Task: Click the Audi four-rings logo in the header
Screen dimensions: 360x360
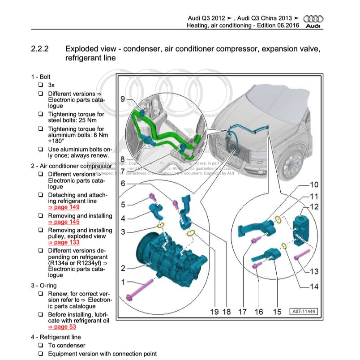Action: tap(313, 19)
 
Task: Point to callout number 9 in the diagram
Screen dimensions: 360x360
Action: tap(123, 99)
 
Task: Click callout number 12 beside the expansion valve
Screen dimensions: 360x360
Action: tap(314, 206)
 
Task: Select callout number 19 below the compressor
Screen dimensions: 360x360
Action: tap(214, 311)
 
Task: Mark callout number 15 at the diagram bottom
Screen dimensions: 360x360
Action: tap(277, 311)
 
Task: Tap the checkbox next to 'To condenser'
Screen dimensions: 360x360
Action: tap(40, 345)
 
